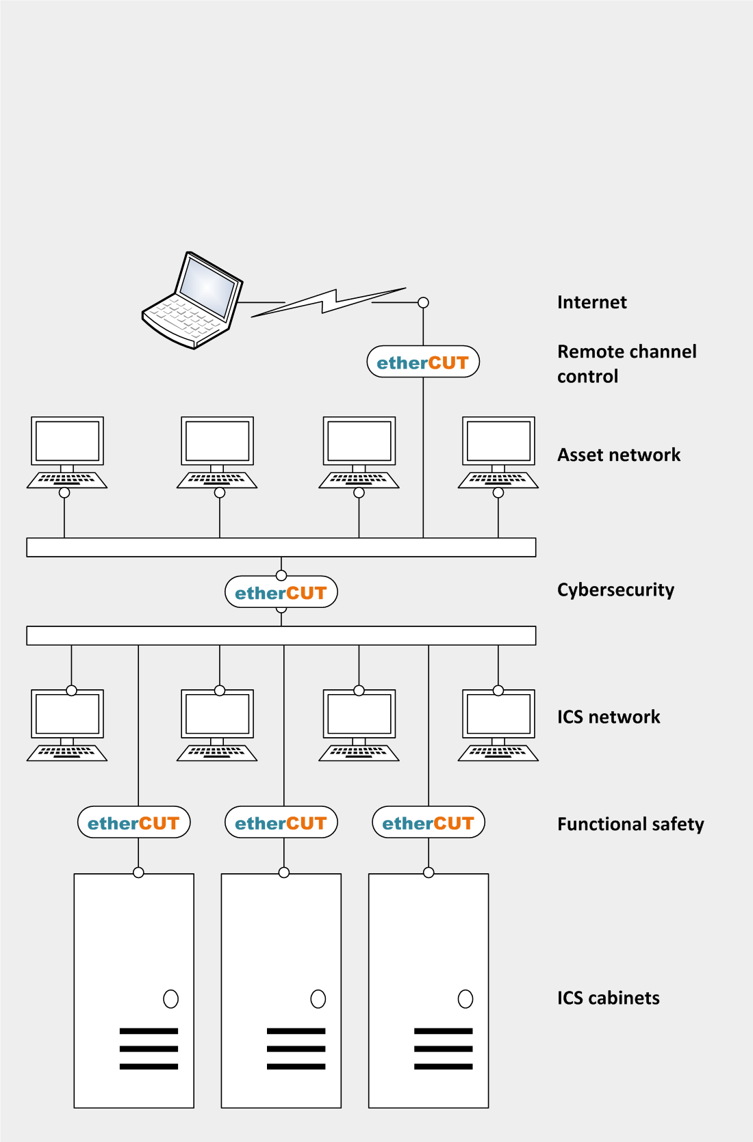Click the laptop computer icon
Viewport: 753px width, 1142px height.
coord(193,301)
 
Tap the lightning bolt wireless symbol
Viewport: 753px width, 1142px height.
coord(329,302)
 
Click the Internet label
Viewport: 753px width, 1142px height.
coord(591,302)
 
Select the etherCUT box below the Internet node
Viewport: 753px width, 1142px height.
coord(423,362)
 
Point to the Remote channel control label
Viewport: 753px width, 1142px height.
coord(626,364)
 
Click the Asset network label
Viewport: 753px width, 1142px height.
coord(619,455)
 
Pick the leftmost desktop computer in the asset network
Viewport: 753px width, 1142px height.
coord(67,451)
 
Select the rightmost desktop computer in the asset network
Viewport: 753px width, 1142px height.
coord(498,451)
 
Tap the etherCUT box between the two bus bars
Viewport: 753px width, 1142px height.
coord(281,592)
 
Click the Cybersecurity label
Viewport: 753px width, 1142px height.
coord(615,589)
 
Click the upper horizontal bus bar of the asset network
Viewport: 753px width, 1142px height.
coord(281,547)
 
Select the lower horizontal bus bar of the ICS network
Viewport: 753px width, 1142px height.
coord(281,635)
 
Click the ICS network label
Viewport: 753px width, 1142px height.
coord(609,717)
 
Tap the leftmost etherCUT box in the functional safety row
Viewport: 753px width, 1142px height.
coord(134,823)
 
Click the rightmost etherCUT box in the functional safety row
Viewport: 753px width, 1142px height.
coord(429,823)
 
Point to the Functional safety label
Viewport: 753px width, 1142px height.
coord(630,824)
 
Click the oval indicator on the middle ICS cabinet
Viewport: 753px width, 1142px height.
coord(318,999)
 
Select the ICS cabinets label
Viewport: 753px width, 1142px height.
coord(608,998)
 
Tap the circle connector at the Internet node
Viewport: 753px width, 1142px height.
coord(423,302)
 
